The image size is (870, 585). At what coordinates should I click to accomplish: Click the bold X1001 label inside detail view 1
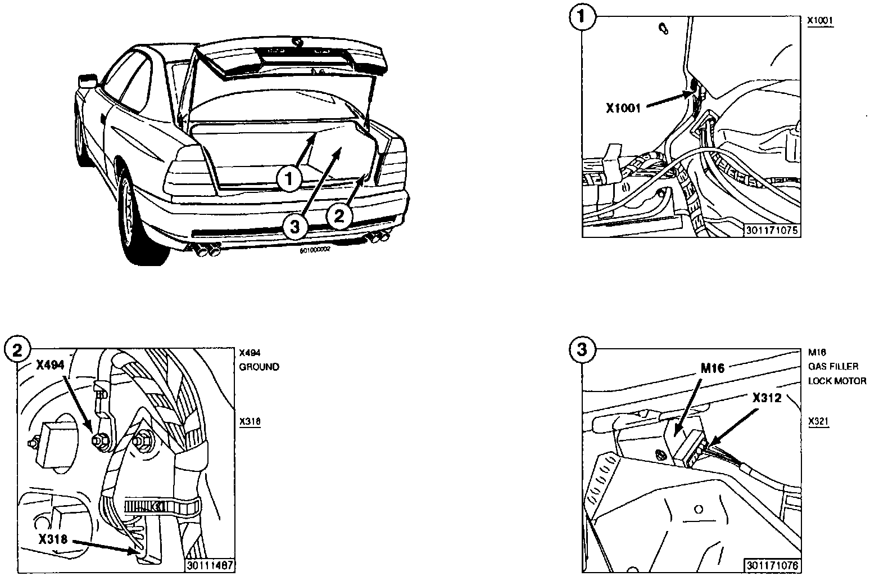[623, 108]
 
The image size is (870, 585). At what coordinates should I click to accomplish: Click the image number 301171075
[773, 230]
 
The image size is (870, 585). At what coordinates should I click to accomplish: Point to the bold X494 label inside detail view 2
[54, 364]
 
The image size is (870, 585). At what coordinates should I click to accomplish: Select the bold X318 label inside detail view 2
[53, 539]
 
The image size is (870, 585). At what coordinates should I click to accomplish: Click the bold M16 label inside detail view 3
[713, 368]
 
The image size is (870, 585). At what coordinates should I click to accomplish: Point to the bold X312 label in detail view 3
[767, 398]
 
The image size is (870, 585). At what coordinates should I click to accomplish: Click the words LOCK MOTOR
[837, 381]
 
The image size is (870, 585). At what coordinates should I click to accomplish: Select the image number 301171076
[773, 565]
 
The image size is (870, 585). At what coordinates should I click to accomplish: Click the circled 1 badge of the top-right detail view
[582, 17]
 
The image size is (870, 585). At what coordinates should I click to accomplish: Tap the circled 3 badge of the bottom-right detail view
[582, 350]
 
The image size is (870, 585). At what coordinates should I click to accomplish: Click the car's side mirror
[86, 80]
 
